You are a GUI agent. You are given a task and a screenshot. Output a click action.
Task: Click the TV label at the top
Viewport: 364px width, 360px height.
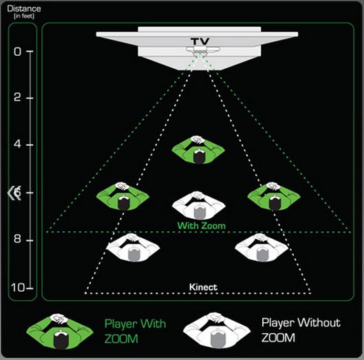200,42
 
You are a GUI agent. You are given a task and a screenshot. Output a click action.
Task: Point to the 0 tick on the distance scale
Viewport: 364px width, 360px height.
18,51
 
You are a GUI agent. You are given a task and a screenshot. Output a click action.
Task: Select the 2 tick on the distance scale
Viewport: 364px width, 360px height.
18,98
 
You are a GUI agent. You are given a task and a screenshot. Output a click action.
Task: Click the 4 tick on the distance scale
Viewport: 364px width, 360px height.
18,145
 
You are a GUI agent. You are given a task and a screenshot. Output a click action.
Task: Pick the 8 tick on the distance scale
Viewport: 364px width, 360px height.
18,240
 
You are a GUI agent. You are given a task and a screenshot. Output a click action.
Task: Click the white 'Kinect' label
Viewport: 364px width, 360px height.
202,283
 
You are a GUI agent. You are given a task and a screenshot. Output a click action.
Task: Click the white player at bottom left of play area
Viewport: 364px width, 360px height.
132,248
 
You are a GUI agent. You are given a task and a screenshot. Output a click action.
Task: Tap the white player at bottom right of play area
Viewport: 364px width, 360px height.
261,248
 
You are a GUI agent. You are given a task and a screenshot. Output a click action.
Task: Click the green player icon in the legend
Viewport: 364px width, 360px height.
59,330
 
